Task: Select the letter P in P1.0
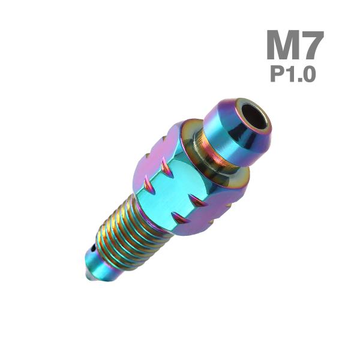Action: (278, 74)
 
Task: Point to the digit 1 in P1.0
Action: (292, 74)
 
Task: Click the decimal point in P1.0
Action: (299, 80)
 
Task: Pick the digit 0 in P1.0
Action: (309, 74)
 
